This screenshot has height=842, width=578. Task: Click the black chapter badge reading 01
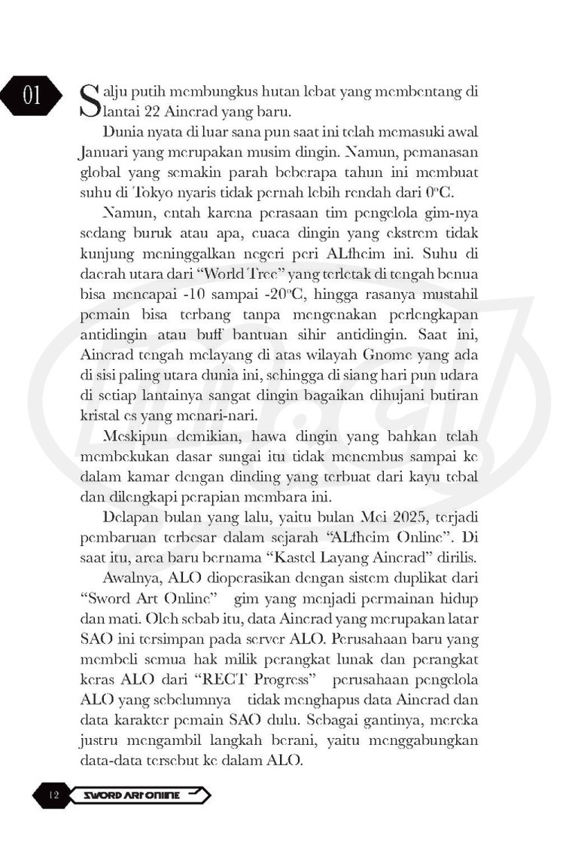[x=32, y=96]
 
